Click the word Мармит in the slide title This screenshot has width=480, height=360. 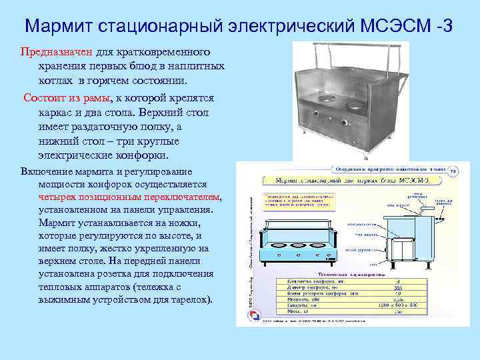58,27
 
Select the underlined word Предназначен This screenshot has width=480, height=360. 51,51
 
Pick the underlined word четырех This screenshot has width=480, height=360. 57,197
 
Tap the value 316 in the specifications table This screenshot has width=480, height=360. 398,287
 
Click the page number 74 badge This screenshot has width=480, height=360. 453,172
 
